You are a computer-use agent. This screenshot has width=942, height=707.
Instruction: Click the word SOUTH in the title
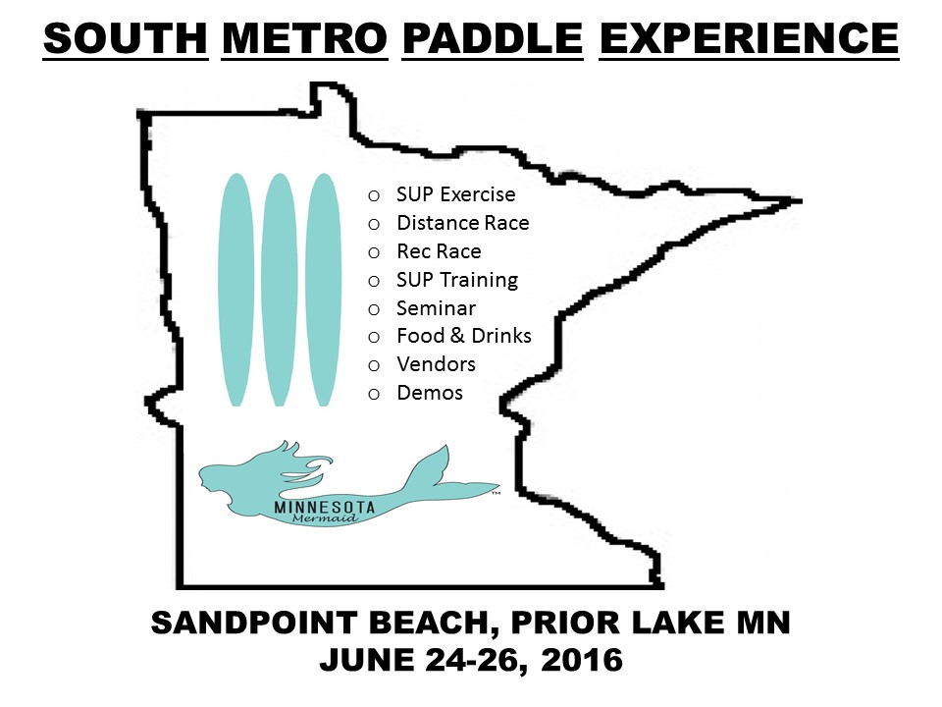click(x=126, y=38)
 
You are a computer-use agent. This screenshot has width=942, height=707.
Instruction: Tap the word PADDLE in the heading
click(x=493, y=38)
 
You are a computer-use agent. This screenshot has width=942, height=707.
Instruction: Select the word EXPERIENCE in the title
click(x=749, y=38)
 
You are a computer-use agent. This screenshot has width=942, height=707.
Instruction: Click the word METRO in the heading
click(x=304, y=38)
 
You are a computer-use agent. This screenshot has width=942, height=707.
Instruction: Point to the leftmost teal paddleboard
click(x=236, y=290)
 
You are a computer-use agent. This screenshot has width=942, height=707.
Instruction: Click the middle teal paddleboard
click(x=280, y=290)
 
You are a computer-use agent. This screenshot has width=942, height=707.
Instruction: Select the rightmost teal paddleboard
click(x=323, y=290)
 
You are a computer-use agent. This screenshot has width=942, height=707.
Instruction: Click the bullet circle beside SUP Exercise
click(x=374, y=195)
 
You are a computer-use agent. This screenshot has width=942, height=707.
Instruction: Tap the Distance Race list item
click(x=463, y=223)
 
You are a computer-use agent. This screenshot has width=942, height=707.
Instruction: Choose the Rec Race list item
click(x=440, y=251)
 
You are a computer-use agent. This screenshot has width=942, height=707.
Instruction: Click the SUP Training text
click(x=457, y=280)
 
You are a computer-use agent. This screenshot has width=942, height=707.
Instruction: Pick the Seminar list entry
click(x=436, y=308)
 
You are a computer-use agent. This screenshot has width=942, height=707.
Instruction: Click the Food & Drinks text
click(x=464, y=336)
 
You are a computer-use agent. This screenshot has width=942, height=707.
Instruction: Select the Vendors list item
click(x=436, y=364)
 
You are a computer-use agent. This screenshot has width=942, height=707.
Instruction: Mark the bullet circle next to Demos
click(x=374, y=395)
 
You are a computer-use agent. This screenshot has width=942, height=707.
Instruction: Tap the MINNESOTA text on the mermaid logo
click(x=325, y=508)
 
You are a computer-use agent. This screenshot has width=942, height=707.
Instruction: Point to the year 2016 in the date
click(x=582, y=660)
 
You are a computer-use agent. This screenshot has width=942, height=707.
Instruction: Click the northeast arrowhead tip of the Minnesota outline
click(x=802, y=200)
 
